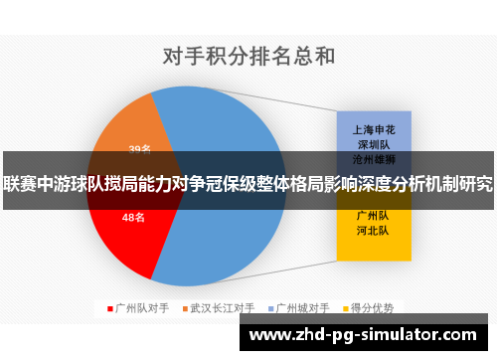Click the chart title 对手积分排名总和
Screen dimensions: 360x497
coord(248,54)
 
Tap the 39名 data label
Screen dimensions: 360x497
coord(140,150)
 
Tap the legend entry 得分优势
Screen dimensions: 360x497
coord(374,308)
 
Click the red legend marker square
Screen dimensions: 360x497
coord(109,308)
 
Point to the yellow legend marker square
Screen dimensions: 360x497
coord(347,308)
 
